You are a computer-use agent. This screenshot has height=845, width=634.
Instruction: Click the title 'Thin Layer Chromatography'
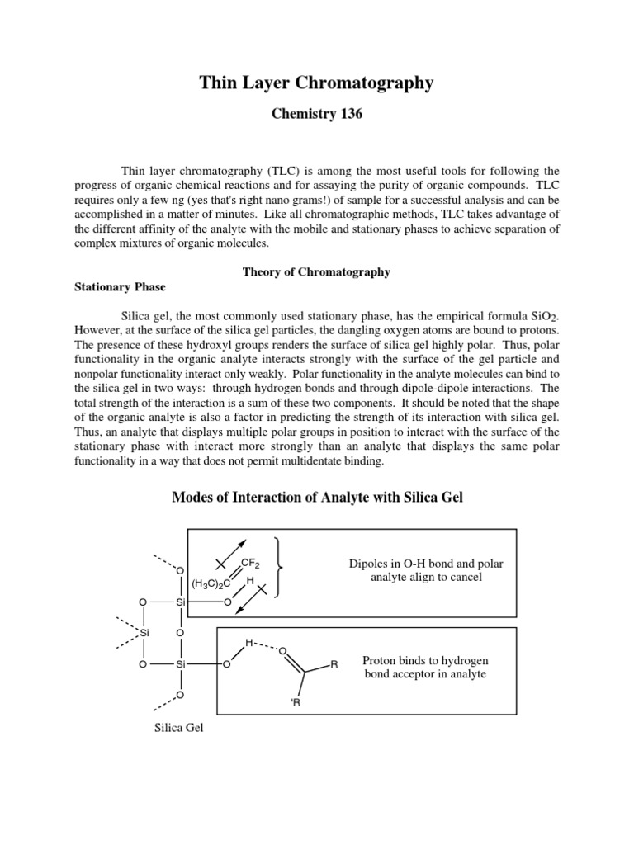316,83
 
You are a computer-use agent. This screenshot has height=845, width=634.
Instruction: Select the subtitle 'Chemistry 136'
316,115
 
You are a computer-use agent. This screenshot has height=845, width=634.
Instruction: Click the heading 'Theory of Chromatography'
316,272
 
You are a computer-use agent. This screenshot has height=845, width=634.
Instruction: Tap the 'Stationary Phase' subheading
121,287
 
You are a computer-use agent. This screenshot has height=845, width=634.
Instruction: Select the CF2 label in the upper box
251,564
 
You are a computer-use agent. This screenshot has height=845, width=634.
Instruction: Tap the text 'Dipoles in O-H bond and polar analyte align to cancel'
426,570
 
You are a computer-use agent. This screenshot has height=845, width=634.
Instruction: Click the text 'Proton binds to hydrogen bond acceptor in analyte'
426,668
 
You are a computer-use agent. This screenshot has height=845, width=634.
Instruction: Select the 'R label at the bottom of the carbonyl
296,702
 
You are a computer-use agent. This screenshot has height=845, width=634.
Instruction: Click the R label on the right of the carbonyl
334,663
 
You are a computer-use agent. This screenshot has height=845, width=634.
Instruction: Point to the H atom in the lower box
248,642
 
